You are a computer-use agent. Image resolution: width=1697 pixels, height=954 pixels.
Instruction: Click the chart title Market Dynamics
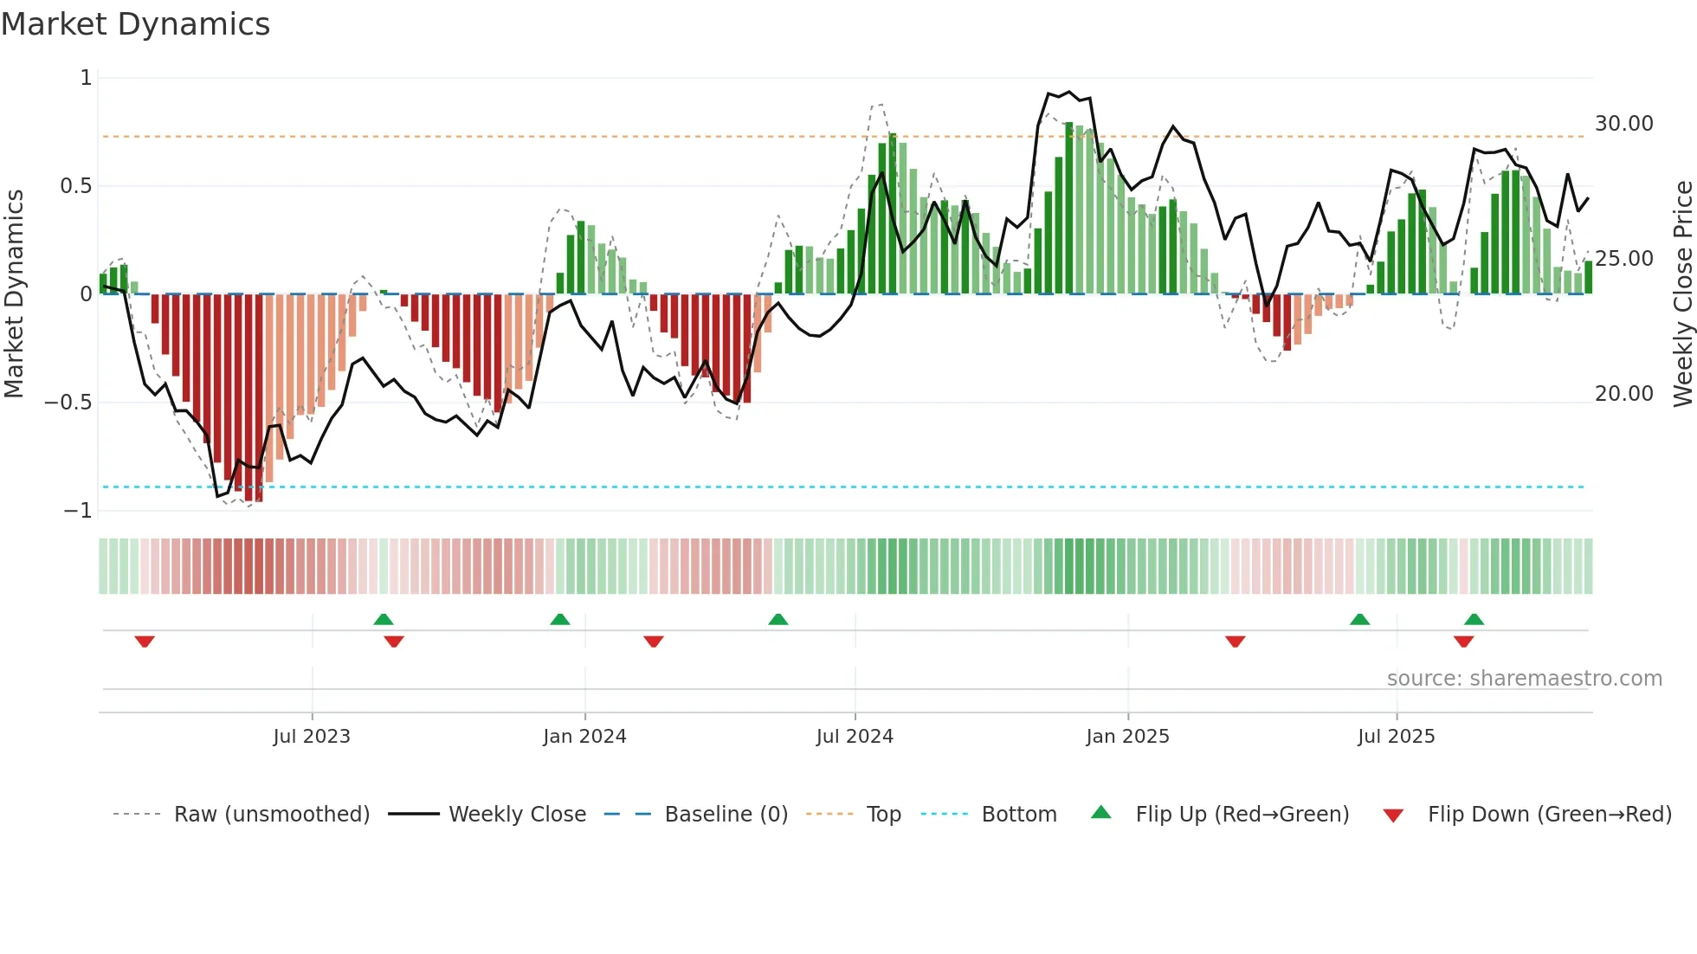coord(136,24)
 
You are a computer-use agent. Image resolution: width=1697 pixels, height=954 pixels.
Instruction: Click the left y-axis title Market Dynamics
coord(14,294)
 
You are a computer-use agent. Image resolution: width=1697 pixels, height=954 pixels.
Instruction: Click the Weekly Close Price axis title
coord(1682,294)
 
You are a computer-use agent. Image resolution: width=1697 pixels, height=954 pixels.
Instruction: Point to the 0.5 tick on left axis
coord(75,186)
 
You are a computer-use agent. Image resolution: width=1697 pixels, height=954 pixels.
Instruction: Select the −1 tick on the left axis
coord(77,511)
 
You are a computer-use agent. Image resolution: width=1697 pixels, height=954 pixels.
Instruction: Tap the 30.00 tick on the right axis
coord(1623,124)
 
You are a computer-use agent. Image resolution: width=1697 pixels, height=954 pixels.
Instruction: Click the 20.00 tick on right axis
coord(1623,394)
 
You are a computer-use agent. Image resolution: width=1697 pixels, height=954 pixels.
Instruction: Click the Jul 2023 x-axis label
coord(312,737)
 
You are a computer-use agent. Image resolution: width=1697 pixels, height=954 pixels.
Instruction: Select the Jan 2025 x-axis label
coord(1127,737)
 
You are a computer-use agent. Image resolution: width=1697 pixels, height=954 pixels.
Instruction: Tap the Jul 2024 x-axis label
coord(855,737)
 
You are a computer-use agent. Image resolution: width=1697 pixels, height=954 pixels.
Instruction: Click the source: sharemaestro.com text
coord(1524,679)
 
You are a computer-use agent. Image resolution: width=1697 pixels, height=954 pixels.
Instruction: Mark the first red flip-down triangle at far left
coord(145,641)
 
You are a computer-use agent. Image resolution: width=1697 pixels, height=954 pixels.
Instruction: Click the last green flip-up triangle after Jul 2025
coord(1474,619)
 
